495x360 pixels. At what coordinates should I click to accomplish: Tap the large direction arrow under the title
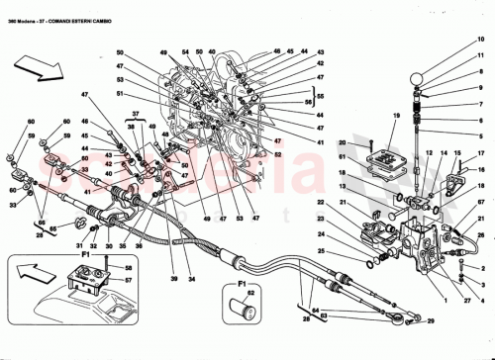38,69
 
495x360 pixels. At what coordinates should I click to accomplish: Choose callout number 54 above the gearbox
185,50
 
